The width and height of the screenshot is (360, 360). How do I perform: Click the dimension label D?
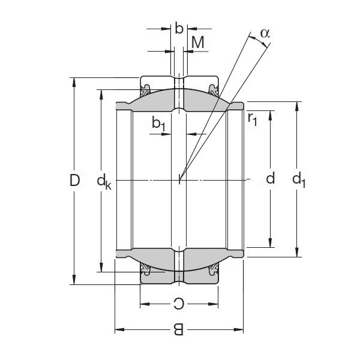point(74,179)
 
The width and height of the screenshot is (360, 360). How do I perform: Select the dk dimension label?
point(104,181)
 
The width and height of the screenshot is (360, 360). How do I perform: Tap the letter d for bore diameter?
point(271,178)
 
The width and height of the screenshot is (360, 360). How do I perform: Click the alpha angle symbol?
point(264,33)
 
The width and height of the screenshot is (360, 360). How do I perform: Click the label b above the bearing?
point(179,28)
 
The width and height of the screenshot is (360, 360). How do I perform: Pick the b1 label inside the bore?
point(159,124)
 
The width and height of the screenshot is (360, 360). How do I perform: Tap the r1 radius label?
point(252,118)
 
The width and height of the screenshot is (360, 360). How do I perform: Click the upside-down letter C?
point(178,304)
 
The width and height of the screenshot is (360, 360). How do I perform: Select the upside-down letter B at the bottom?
point(178,329)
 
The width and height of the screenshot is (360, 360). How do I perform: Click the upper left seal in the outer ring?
point(146,91)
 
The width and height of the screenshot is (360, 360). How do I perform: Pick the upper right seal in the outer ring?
point(213,91)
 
